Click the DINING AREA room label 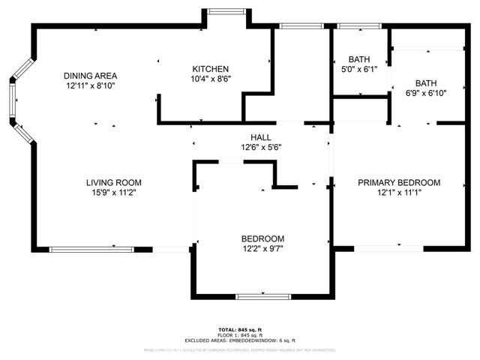point(90,76)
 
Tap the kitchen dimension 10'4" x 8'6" point(211,79)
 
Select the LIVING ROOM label point(113,182)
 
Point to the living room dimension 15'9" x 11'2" point(113,192)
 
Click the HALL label point(260,137)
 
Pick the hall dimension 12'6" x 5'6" point(260,147)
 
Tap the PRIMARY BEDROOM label point(398,182)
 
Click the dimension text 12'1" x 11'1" point(398,192)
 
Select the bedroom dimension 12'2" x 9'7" point(262,248)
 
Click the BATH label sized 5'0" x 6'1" point(359,59)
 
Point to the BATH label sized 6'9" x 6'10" point(426,83)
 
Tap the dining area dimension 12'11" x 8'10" point(90,85)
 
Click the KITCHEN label point(211,69)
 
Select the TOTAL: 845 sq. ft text point(240,329)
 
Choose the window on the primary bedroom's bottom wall point(388,248)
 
